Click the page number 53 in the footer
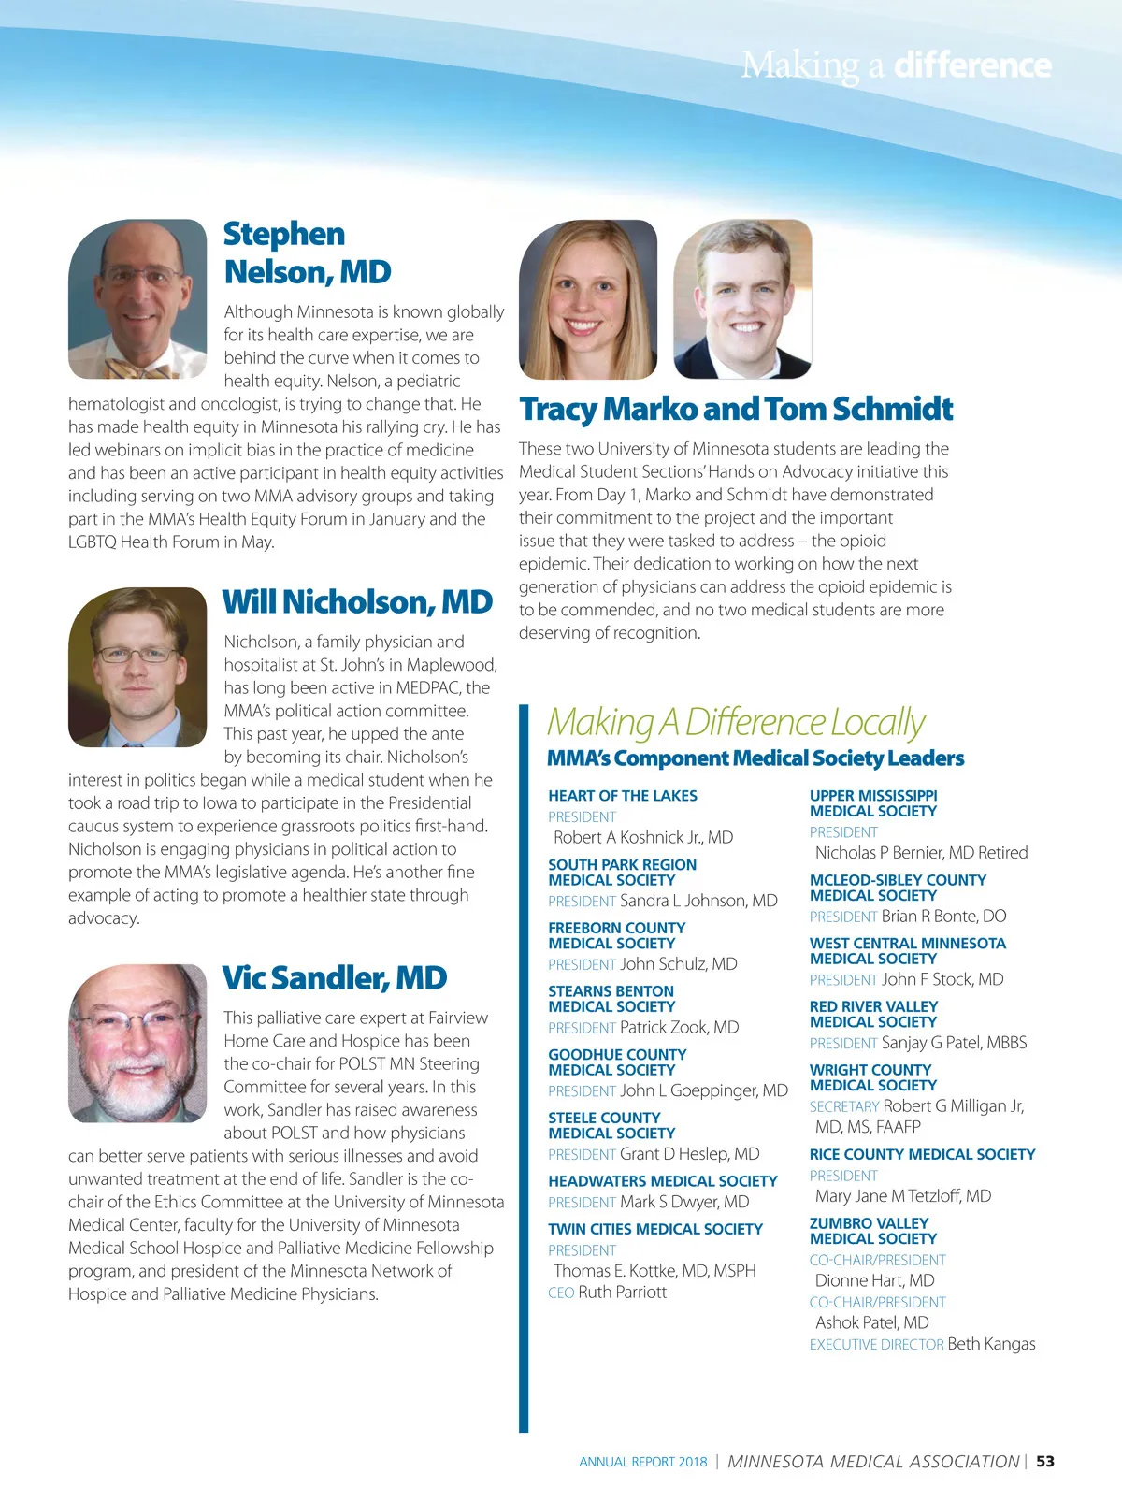(1045, 1461)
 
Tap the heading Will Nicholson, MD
(357, 602)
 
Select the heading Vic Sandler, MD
(335, 978)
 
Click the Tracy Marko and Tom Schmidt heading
(736, 410)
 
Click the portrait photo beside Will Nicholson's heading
(137, 667)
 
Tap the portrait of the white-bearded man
(137, 1043)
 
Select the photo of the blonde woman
(588, 299)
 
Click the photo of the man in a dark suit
(742, 299)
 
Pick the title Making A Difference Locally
(736, 722)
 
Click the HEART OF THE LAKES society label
(623, 796)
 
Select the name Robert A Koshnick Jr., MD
(643, 837)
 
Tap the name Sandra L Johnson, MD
(698, 901)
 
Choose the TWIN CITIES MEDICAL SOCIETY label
(655, 1229)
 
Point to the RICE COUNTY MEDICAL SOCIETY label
(922, 1154)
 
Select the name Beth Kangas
(991, 1344)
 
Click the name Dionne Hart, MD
(874, 1280)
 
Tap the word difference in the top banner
(972, 65)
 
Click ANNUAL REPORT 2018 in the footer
(643, 1462)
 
